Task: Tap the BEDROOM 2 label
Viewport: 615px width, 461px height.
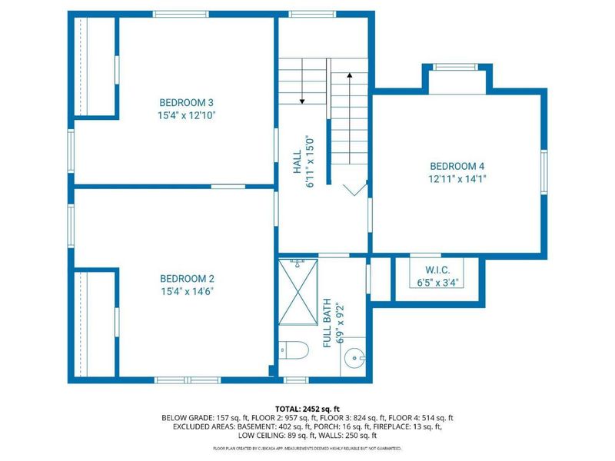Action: click(x=186, y=279)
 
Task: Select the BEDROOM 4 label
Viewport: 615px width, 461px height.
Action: click(x=457, y=166)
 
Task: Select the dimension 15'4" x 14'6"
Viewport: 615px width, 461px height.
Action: click(x=186, y=292)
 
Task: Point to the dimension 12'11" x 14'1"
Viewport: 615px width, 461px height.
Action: click(x=457, y=178)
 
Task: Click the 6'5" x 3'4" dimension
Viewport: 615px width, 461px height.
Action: click(x=437, y=283)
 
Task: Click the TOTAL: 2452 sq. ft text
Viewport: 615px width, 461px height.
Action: click(x=307, y=408)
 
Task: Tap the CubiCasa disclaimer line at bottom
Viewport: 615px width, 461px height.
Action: click(x=307, y=448)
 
